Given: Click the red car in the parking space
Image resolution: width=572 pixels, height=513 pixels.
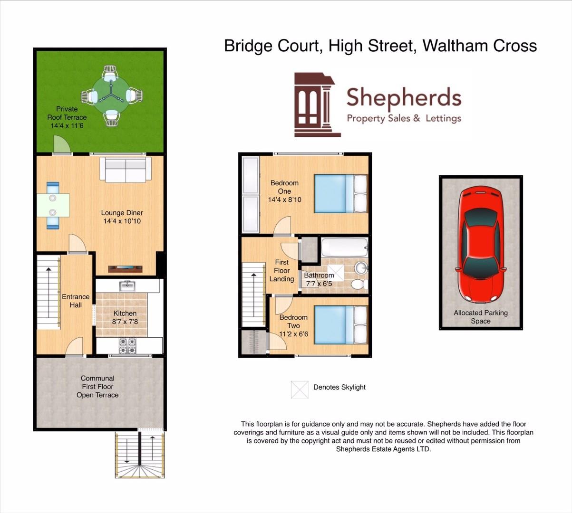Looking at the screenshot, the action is point(481,245).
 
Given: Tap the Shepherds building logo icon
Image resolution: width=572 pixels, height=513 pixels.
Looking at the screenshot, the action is point(317,104).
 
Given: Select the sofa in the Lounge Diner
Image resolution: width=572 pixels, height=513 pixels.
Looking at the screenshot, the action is point(126,170).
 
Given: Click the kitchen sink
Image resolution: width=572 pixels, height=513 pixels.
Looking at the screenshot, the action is point(127,285).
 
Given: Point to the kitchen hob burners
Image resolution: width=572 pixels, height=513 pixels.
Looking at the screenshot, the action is point(127,346).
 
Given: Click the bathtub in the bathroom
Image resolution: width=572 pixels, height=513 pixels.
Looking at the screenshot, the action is point(345,247).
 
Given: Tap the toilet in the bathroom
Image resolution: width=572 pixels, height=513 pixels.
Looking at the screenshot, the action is point(359,284).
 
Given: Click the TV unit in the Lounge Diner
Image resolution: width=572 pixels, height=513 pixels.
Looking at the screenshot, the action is point(125,269).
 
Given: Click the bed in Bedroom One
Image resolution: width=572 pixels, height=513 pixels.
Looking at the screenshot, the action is point(341,193).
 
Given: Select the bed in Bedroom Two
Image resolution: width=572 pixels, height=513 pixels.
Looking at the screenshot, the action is point(341,325).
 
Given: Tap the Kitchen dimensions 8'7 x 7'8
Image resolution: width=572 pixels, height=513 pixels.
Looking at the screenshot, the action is point(125,322).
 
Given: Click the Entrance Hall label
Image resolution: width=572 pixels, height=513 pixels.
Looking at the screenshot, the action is point(76,301).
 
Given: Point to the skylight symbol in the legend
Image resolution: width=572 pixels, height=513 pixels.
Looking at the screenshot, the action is point(300,389).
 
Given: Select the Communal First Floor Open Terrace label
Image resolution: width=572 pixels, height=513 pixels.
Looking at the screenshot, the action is point(97,386).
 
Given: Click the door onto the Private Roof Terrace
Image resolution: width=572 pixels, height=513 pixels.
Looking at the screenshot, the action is point(62,145).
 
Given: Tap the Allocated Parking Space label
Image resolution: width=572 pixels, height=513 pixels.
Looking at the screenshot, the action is point(481,317).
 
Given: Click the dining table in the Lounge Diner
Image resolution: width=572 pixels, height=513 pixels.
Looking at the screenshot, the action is point(53,205).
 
